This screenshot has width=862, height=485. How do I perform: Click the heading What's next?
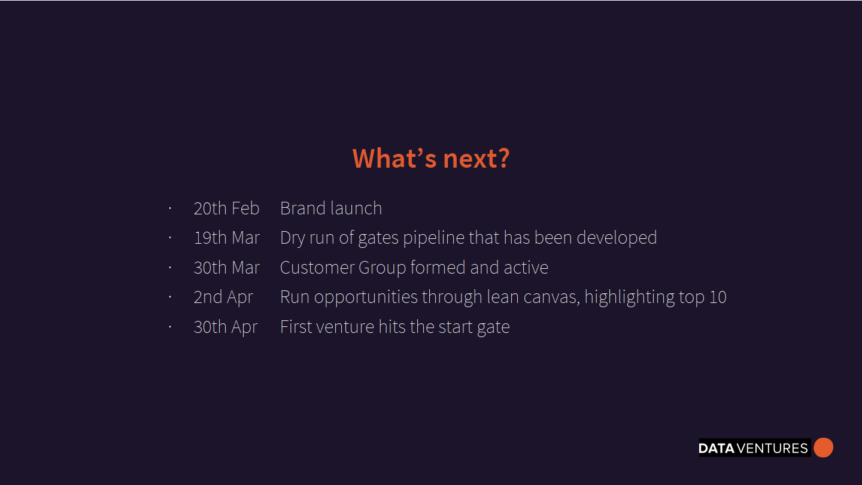click(x=431, y=158)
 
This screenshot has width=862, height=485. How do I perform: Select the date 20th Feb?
click(x=226, y=208)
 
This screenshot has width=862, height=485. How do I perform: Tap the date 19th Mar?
click(x=227, y=238)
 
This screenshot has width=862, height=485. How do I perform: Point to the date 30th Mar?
click(x=227, y=268)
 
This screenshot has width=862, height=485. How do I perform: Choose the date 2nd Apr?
click(x=223, y=298)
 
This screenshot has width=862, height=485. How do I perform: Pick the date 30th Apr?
click(x=226, y=327)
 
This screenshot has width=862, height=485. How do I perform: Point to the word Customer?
click(x=317, y=268)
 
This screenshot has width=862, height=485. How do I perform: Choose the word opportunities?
click(x=366, y=298)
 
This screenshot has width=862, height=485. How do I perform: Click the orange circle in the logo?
click(x=824, y=448)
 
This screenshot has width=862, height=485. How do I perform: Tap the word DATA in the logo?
click(x=717, y=448)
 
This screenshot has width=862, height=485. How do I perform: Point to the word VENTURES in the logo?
click(x=772, y=448)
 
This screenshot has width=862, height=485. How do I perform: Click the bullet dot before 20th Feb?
click(x=170, y=208)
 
